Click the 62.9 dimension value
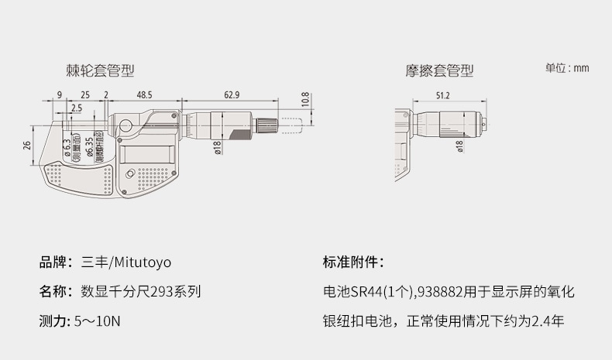tap(232, 95)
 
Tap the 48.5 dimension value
tap(144, 95)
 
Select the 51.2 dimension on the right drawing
tap(443, 95)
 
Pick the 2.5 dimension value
tap(76, 108)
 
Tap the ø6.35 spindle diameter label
tap(90, 144)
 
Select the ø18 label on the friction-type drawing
tap(459, 147)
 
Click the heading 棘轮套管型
tap(100, 70)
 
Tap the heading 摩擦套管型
tap(439, 70)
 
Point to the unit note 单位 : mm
tap(567, 68)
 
